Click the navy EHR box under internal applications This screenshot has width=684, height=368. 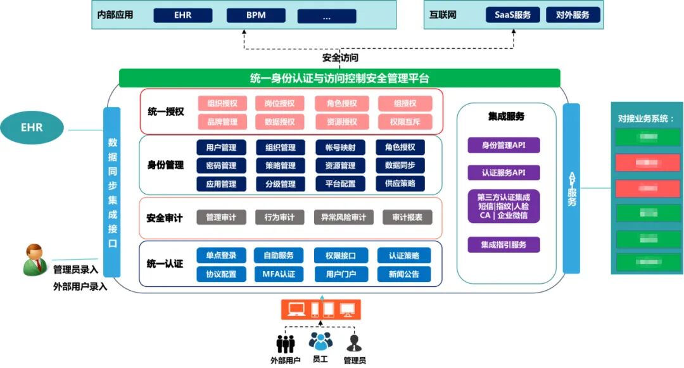183,15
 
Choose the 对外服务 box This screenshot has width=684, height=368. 573,15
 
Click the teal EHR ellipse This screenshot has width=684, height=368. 32,127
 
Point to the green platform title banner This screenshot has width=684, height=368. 339,79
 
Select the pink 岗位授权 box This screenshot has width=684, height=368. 279,104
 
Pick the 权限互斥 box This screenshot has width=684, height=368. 405,122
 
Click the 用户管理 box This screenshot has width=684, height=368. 221,148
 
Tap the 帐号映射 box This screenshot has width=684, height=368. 340,148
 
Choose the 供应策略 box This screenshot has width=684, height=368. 400,184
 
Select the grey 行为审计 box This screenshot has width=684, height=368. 279,217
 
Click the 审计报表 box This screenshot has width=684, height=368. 407,217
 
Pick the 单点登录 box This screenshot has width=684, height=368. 221,256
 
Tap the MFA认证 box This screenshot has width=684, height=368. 279,274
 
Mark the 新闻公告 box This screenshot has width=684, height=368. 404,274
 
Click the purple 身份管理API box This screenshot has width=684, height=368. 504,145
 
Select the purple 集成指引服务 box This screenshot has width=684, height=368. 504,244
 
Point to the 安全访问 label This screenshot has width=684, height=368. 340,58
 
